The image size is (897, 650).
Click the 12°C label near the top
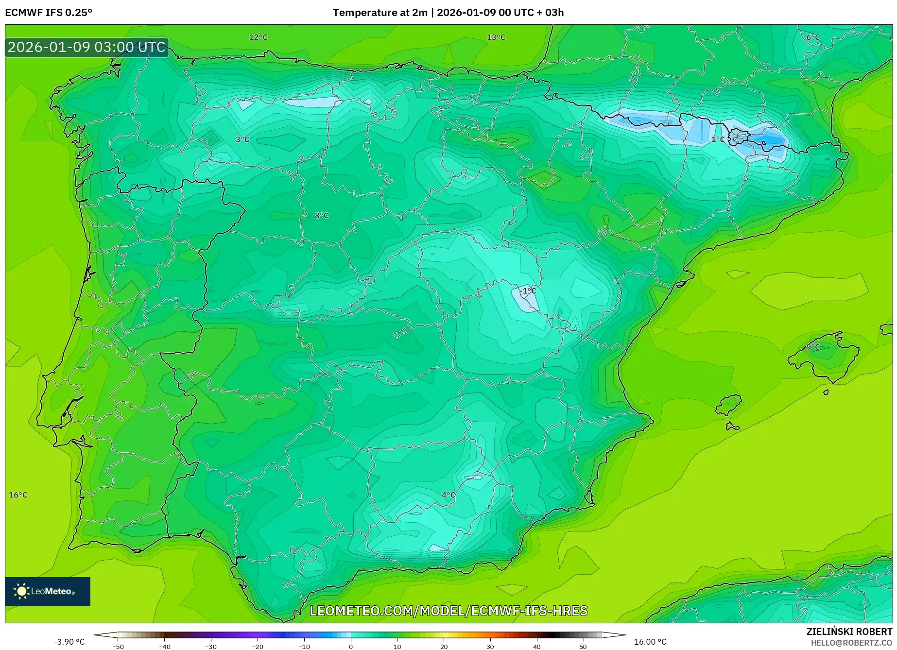258,37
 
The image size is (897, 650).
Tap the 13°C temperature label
496,37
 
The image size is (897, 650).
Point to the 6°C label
813,37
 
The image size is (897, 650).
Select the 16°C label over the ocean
18,495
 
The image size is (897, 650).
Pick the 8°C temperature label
322,216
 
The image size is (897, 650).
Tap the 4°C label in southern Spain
448,496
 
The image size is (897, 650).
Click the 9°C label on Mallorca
813,347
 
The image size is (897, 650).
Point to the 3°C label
242,139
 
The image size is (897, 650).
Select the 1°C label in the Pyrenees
718,139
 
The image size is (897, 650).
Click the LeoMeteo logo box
48,591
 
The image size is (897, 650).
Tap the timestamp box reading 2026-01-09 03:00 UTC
87,47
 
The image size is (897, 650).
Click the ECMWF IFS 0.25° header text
49,13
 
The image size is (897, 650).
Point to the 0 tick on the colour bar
351,647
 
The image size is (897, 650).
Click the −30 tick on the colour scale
211,647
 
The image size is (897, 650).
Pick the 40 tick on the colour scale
536,647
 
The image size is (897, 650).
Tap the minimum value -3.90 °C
69,642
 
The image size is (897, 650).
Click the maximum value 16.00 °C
650,642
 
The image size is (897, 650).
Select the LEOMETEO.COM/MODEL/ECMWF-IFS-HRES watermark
448,611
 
